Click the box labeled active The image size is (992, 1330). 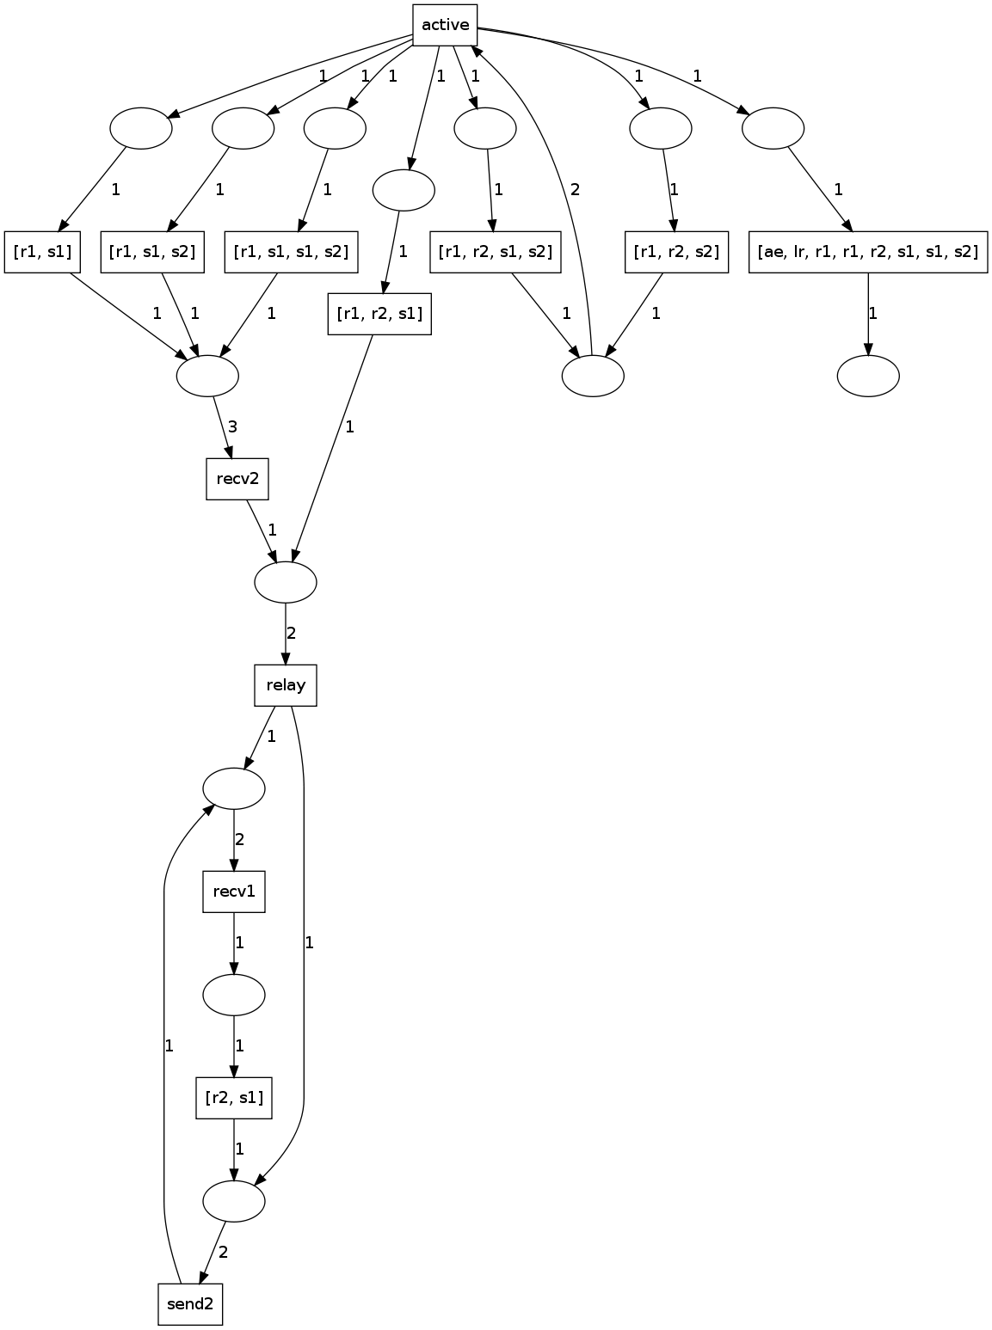446,25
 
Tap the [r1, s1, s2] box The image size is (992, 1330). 152,252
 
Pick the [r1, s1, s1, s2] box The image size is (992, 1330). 291,252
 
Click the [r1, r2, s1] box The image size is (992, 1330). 379,314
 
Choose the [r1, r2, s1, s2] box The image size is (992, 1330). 495,252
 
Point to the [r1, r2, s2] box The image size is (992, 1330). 676,252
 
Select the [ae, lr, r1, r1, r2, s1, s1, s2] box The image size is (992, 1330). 867,252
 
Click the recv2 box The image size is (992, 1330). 237,479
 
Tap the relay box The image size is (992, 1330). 286,685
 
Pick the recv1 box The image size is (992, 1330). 234,892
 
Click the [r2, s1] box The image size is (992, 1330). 234,1098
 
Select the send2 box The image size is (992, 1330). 190,1304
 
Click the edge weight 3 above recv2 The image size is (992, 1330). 232,426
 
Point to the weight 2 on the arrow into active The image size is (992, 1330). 575,190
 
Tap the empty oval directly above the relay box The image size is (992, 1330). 286,582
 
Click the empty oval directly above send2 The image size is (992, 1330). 234,1201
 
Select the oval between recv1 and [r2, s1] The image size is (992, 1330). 234,995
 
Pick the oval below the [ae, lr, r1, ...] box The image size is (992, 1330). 868,376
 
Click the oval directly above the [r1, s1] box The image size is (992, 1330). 141,128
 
